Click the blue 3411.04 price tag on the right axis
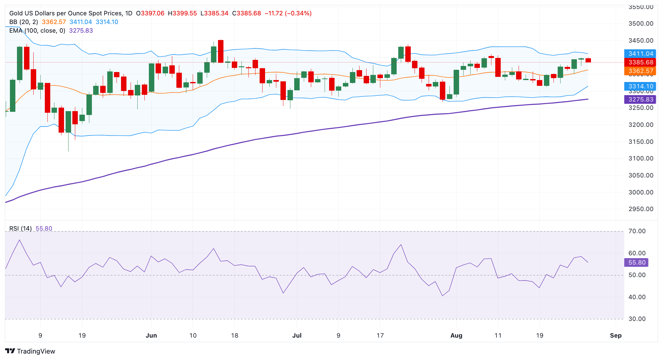coord(640,54)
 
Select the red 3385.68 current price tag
coord(640,62)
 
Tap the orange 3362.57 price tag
coord(640,71)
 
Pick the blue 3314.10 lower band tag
coord(640,86)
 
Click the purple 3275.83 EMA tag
coord(640,100)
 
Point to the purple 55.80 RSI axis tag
coord(636,263)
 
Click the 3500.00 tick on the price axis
coord(641,24)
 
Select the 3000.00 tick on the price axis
coord(641,192)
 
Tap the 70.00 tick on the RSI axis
coord(637,231)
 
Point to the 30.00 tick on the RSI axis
coord(637,319)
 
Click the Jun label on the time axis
coord(151,336)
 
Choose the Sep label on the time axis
coord(616,336)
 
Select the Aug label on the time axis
coord(456,336)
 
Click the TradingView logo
coord(30,351)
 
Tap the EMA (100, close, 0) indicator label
coord(37,31)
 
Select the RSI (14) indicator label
coord(20,229)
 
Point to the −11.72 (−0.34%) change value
coord(288,13)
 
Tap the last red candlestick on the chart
coord(588,60)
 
